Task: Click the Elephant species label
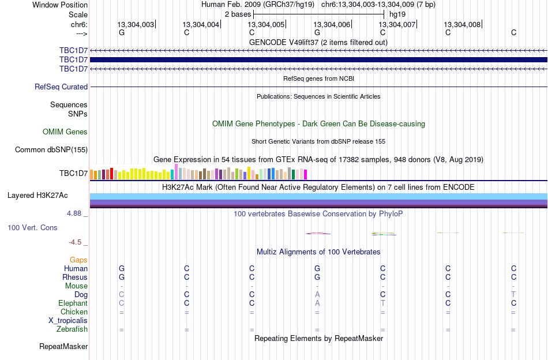click(73, 303)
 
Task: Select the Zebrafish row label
click(72, 329)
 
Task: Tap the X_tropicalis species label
click(68, 321)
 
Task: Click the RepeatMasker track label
click(63, 346)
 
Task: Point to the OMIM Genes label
click(65, 132)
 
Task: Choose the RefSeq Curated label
click(61, 87)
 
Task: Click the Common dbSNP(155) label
click(51, 149)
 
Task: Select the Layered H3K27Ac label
click(37, 196)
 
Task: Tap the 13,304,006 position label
click(332, 24)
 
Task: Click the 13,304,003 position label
click(136, 24)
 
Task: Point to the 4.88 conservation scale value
click(74, 213)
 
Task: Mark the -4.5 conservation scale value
click(75, 242)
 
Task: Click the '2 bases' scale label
click(238, 14)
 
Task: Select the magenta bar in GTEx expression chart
click(306, 174)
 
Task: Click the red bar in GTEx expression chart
click(111, 174)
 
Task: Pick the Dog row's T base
click(513, 295)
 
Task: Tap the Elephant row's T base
click(382, 303)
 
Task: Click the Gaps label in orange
click(78, 260)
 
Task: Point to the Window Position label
click(60, 5)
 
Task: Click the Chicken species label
click(74, 312)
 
